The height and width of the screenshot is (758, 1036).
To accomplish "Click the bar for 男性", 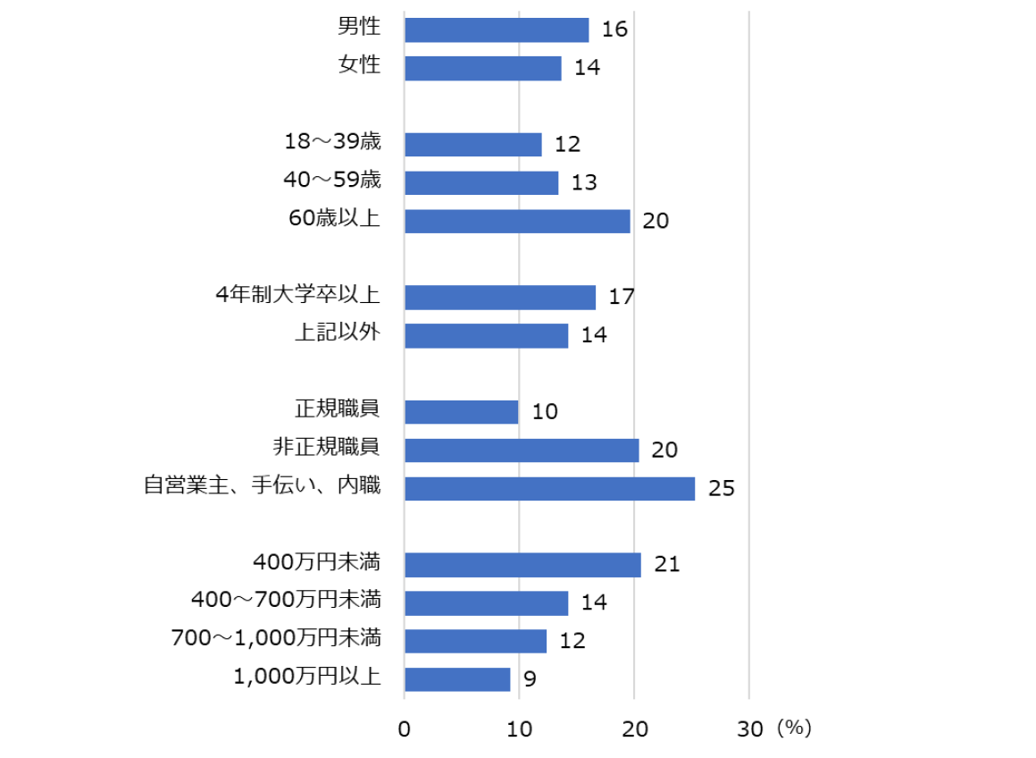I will pos(497,29).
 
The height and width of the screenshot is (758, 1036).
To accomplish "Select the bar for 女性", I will pos(483,68).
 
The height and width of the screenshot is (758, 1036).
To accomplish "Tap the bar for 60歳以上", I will pos(517,221).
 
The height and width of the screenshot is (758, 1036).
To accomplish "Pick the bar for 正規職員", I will pos(461,412).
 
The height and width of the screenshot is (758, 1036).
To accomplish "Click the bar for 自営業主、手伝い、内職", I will pos(549,488).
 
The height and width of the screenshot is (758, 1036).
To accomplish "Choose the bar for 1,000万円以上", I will pos(457,679).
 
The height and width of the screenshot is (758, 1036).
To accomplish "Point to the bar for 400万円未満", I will pos(522,565).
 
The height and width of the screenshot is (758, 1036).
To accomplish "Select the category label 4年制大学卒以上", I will pos(298,294).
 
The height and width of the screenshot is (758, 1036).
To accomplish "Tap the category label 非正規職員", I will pos(326,447).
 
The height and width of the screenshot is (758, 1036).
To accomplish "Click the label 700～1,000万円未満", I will pos(276,638).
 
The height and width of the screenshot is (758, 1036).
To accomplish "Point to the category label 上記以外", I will pos(337,333).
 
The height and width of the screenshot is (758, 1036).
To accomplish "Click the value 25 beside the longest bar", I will pos(721,489).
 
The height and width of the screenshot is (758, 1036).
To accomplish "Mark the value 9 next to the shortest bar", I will pos(530,680).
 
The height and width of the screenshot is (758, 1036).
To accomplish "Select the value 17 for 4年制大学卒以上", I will pos(622,297).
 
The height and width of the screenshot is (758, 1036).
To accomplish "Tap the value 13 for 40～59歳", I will pos(584,183).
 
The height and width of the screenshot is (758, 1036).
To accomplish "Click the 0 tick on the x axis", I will pos(405,729).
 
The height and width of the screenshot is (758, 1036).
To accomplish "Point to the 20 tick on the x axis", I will pos(634,729).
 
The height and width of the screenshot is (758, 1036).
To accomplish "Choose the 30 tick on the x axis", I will pos(749,729).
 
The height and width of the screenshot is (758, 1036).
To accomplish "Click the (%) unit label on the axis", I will pos(793,729).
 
